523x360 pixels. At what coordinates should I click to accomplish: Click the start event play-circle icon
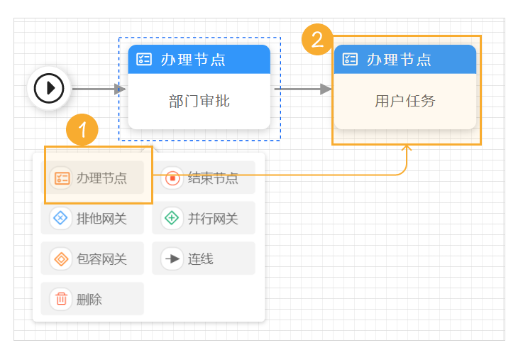pyautogui.click(x=49, y=89)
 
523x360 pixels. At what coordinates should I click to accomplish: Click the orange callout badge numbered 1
pyautogui.click(x=83, y=130)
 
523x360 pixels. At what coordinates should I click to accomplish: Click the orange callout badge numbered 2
pyautogui.click(x=317, y=38)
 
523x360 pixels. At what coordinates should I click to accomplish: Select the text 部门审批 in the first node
pyautogui.click(x=199, y=101)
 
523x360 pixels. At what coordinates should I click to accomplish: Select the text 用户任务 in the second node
pyautogui.click(x=404, y=101)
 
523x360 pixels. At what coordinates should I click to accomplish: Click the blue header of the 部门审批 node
pyautogui.click(x=199, y=60)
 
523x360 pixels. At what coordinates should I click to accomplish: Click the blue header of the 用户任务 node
pyautogui.click(x=405, y=60)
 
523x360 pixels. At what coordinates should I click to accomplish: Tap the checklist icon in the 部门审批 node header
pyautogui.click(x=144, y=60)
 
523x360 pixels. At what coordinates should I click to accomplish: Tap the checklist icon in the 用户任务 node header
pyautogui.click(x=350, y=60)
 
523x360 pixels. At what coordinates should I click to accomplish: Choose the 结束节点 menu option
pyautogui.click(x=204, y=178)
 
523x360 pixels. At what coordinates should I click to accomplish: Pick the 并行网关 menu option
pyautogui.click(x=204, y=218)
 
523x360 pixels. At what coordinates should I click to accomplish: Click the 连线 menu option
pyautogui.click(x=204, y=258)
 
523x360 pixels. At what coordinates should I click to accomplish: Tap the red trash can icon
pyautogui.click(x=62, y=299)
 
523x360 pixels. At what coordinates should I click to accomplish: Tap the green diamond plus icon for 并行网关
pyautogui.click(x=172, y=218)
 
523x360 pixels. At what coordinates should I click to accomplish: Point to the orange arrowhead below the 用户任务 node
pyautogui.click(x=407, y=148)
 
